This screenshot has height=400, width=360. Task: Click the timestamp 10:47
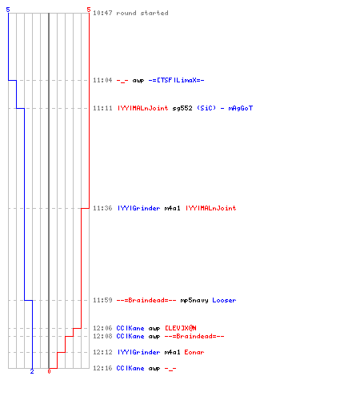[x=102, y=13]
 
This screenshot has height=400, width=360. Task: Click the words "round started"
[x=142, y=13]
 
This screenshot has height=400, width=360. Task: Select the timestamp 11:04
[x=102, y=80]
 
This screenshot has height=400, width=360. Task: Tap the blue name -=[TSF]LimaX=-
[x=176, y=80]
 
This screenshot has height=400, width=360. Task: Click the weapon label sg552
[x=182, y=108]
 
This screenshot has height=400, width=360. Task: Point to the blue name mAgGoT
[x=241, y=108]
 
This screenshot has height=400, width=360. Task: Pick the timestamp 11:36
[x=102, y=208]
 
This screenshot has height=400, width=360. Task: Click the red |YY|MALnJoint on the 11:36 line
[x=210, y=208]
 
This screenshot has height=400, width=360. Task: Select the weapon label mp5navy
[x=194, y=300]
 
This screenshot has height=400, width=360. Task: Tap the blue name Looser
[x=224, y=300]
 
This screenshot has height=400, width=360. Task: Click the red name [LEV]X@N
[x=181, y=328]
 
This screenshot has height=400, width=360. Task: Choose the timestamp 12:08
[x=102, y=336]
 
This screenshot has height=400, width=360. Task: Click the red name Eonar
[x=194, y=352]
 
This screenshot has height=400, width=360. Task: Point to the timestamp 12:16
[x=102, y=368]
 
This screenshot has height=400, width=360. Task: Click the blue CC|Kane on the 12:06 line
[x=130, y=328]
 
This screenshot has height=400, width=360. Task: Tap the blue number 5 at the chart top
[x=8, y=10]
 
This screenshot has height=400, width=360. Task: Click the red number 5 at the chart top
[x=89, y=10]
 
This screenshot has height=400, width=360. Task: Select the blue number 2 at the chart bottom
[x=32, y=371]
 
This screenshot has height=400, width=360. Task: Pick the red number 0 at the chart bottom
[x=49, y=371]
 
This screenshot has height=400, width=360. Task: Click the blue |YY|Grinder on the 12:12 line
[x=138, y=352]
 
